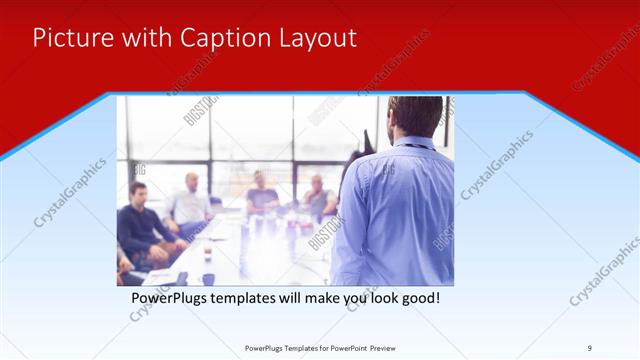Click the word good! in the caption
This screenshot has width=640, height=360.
(x=418, y=298)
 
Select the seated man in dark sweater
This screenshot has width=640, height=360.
(x=142, y=225)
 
